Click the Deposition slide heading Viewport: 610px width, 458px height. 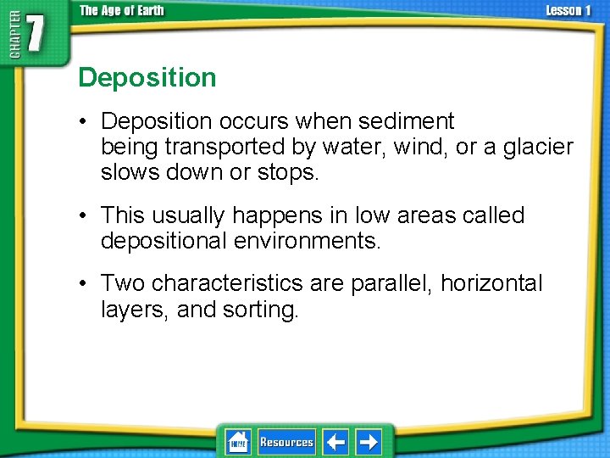click(147, 78)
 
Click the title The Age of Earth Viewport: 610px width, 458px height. click(123, 11)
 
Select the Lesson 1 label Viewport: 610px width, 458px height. click(568, 11)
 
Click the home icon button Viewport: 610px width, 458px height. click(237, 442)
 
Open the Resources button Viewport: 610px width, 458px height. click(286, 442)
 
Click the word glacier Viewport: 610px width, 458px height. click(537, 148)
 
